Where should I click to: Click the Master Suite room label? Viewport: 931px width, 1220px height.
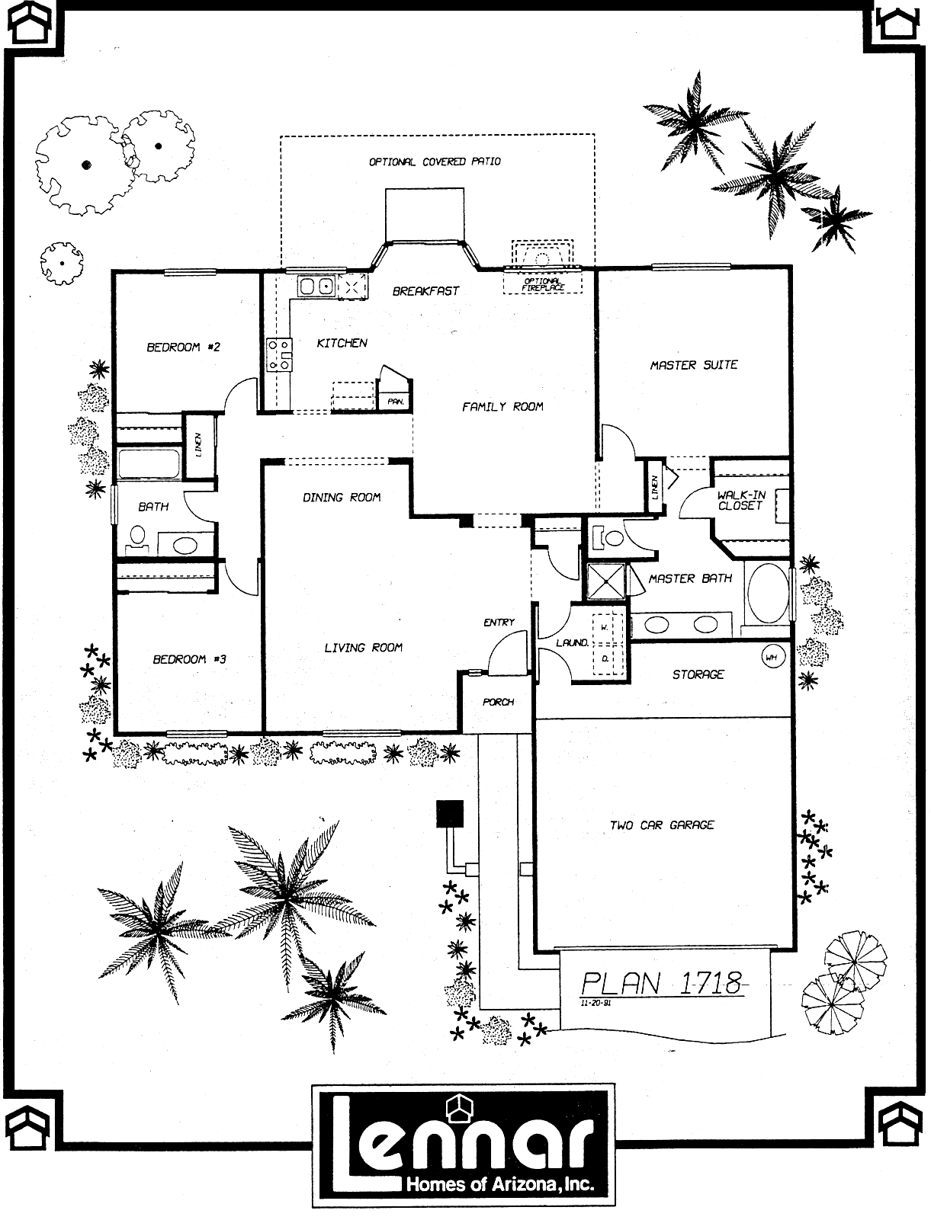(x=694, y=365)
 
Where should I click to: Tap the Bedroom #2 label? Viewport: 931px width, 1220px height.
(x=184, y=347)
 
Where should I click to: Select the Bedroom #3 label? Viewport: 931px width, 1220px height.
(x=189, y=659)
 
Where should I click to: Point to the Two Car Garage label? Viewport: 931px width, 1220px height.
(x=662, y=825)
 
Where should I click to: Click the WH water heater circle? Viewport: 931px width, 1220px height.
(x=772, y=658)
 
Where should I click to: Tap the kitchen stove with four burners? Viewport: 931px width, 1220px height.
(x=279, y=354)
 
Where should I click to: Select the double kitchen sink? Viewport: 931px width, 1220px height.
(x=316, y=287)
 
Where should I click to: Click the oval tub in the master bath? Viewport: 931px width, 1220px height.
(x=768, y=594)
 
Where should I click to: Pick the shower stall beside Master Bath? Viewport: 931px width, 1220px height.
(x=606, y=581)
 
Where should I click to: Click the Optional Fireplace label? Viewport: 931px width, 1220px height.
(x=543, y=284)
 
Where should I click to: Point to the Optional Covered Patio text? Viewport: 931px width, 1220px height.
(x=435, y=162)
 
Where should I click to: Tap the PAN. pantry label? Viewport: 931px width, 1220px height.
(x=396, y=402)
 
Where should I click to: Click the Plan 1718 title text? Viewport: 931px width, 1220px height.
(x=662, y=983)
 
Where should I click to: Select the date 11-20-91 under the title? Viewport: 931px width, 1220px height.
(x=596, y=1004)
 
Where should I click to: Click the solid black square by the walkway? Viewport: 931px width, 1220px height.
(x=449, y=814)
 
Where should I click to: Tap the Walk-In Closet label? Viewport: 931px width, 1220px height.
(x=741, y=500)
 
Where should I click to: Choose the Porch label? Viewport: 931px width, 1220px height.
(x=499, y=702)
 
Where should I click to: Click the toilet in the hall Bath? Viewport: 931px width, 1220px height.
(x=136, y=539)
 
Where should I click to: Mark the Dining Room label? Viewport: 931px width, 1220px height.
(x=342, y=498)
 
